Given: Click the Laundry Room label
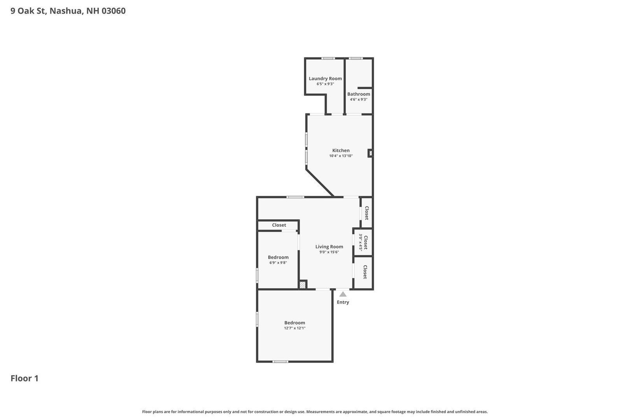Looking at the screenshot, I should click(325, 78).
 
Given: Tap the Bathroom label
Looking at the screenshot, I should click(358, 94).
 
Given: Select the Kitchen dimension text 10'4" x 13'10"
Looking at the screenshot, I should click(341, 156).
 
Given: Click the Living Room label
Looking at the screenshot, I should click(329, 247).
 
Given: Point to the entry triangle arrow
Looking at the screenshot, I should click(343, 294).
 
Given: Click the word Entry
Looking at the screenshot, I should click(343, 302).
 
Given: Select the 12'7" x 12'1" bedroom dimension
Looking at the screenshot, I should click(295, 328).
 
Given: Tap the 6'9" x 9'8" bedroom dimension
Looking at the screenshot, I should click(278, 263).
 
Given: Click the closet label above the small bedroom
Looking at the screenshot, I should click(279, 225).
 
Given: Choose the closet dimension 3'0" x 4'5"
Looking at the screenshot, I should click(360, 242).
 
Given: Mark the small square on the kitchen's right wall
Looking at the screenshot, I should click(370, 153).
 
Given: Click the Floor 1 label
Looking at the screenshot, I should click(24, 378).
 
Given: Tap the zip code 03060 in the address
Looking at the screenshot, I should click(113, 11).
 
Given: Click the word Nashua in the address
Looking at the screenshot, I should click(66, 11).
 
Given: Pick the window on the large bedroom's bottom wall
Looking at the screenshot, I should click(280, 361).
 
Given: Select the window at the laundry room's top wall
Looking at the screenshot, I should click(328, 58).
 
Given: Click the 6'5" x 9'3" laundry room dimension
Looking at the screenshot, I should click(325, 84).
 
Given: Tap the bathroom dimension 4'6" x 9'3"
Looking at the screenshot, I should click(358, 100).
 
